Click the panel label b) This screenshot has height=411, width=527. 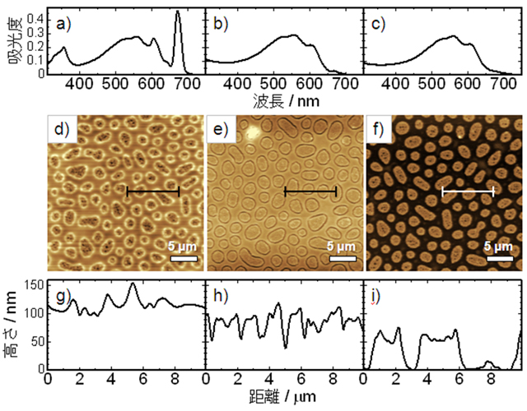click(220, 24)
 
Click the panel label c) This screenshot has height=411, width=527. click(378, 24)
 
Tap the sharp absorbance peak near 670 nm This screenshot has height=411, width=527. click(179, 13)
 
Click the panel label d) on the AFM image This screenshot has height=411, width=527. click(62, 129)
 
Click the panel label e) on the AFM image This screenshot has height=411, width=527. click(221, 129)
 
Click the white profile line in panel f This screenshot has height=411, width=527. click(468, 192)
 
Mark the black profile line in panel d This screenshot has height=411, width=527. click(153, 192)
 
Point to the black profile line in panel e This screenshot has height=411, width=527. click(310, 192)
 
